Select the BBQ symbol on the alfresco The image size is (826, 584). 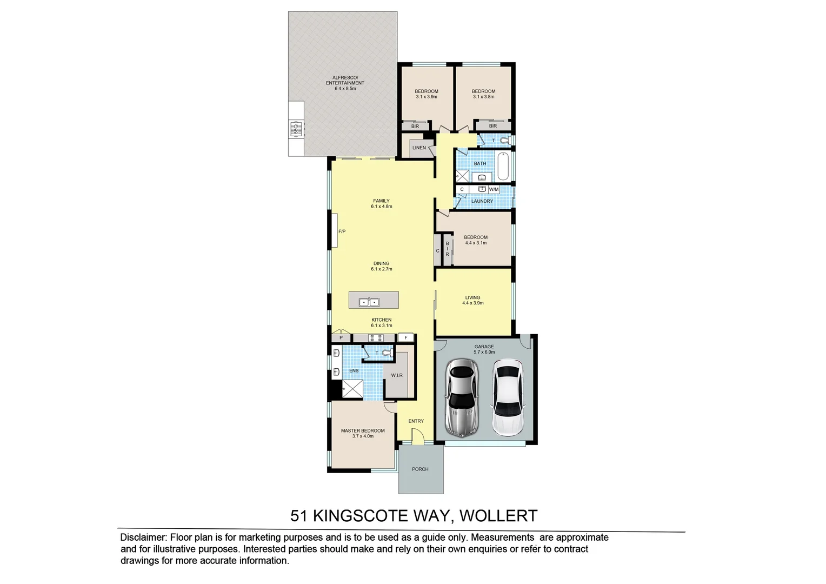coord(296,129)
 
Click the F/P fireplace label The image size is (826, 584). coord(342,231)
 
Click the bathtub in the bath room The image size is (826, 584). coord(503,167)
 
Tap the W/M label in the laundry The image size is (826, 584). coord(494,190)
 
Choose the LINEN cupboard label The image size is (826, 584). coord(419,148)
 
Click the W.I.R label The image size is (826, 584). coord(397,375)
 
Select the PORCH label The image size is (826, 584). coord(420,469)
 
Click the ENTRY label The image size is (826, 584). coord(416,421)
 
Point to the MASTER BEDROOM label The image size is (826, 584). coord(363,431)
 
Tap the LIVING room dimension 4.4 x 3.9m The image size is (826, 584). coord(472,303)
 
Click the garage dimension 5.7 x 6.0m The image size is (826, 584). coord(484,353)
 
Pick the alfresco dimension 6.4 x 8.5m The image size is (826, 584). coord(345,89)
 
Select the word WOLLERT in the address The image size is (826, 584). coord(498,516)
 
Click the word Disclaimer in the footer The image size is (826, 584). coord(143,537)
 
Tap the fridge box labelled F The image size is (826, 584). coord(405,338)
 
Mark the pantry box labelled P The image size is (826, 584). coord(341,338)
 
